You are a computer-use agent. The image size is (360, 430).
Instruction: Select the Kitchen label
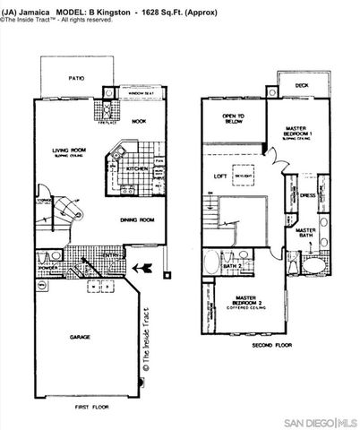[x=137, y=168]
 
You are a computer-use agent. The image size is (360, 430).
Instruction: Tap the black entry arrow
[x=139, y=266]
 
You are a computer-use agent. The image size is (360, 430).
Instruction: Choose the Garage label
[x=81, y=338]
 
